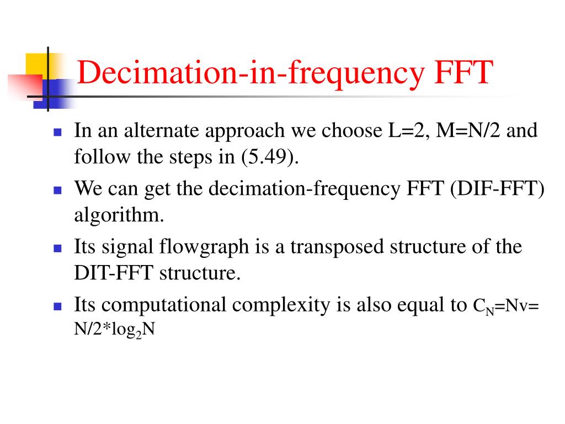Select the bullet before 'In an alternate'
click(57, 132)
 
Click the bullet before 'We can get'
click(57, 190)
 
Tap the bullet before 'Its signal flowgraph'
click(57, 248)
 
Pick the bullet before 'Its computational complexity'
click(57, 306)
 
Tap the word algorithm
click(119, 215)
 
